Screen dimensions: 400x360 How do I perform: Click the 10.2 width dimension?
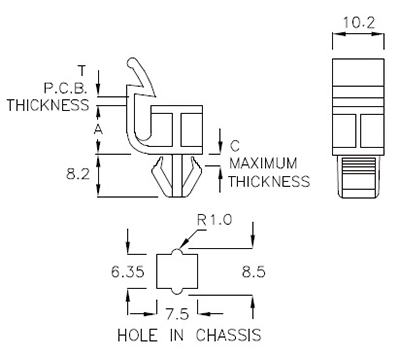pos(359,23)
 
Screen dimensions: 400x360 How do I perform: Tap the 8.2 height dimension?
pos(78,174)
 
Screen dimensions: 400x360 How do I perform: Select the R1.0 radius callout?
pos(214,220)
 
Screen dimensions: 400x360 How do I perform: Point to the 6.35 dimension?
pos(128,272)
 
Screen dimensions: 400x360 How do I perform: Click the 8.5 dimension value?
pos(254,272)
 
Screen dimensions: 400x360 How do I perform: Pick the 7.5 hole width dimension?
pos(177,314)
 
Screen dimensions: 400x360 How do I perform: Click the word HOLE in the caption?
pos(137,335)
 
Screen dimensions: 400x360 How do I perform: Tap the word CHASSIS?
pos(228,335)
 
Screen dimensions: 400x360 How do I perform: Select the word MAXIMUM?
pos(263,164)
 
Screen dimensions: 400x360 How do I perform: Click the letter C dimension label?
pos(235,146)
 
